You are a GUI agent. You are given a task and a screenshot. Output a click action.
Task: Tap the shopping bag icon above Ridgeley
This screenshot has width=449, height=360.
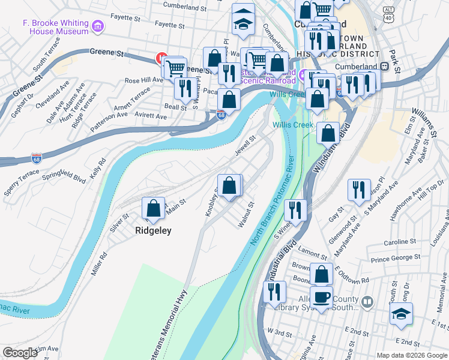(153, 209)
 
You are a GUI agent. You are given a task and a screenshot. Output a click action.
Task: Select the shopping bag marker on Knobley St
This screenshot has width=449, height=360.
(229, 185)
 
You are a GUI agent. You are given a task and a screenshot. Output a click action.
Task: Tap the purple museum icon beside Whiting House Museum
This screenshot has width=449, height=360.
(98, 26)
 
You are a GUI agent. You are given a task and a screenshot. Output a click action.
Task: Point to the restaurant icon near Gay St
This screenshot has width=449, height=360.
(359, 190)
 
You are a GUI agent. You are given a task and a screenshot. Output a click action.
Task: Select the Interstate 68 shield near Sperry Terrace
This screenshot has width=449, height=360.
(37, 158)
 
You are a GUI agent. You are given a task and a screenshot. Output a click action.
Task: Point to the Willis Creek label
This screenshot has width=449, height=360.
(293, 125)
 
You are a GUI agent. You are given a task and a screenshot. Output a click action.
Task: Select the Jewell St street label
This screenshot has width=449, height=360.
(245, 146)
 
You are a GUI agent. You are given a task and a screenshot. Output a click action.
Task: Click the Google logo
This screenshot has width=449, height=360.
(20, 353)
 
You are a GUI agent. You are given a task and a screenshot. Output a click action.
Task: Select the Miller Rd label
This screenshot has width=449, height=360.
(99, 263)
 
